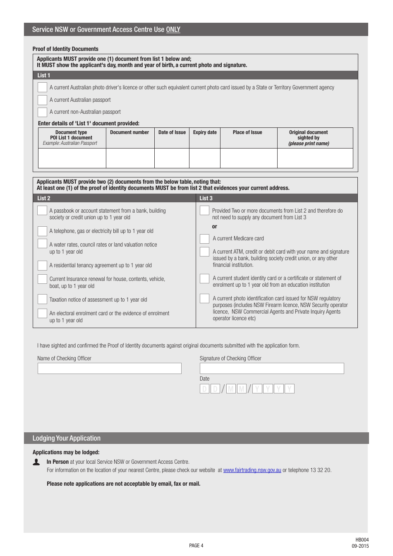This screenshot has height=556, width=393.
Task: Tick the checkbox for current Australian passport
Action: [x=42, y=100]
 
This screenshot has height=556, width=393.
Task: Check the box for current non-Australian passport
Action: [x=42, y=112]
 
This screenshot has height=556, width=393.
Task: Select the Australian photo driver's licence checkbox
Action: [x=42, y=87]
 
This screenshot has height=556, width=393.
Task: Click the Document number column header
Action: [x=129, y=132]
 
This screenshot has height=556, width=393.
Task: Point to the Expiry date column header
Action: [x=205, y=132]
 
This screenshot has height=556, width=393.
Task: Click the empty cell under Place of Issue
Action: [x=249, y=158]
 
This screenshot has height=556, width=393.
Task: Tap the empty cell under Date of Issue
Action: [x=172, y=158]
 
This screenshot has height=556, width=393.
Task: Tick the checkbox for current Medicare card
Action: [x=204, y=239]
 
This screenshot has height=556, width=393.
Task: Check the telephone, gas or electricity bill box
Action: [x=42, y=231]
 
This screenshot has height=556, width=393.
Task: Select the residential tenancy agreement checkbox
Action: [x=42, y=265]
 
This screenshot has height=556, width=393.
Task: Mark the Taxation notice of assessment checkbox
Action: [x=42, y=299]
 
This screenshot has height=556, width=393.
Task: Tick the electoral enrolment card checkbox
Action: [x=42, y=313]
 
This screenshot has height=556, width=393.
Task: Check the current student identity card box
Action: [x=204, y=278]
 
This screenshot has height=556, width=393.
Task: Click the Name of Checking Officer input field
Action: [x=110, y=368]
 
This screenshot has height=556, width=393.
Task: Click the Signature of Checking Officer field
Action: [x=272, y=368]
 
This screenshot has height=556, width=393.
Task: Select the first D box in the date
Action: [x=204, y=389]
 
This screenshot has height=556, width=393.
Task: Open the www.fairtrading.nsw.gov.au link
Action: [x=252, y=470]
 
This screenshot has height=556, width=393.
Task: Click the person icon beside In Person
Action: [x=36, y=462]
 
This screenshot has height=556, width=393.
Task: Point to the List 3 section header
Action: [x=206, y=198]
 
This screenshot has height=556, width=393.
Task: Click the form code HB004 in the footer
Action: [x=362, y=540]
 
